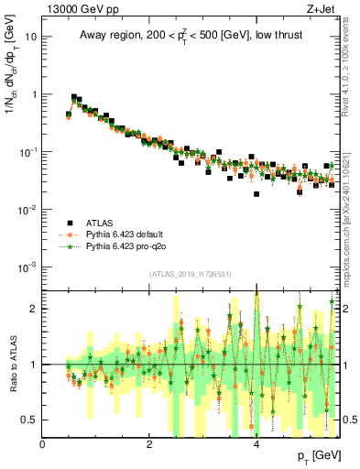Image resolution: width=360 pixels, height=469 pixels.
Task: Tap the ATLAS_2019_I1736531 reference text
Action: (190, 274)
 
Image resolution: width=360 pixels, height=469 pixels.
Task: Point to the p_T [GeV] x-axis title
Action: (315, 455)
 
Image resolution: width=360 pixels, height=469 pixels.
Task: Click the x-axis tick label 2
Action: (149, 444)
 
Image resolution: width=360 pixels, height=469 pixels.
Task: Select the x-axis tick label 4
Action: (256, 444)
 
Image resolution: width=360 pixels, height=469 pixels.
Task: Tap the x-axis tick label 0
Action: (43, 444)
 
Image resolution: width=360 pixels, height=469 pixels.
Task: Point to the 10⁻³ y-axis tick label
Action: (27, 267)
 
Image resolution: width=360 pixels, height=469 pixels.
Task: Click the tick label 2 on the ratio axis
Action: (34, 309)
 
